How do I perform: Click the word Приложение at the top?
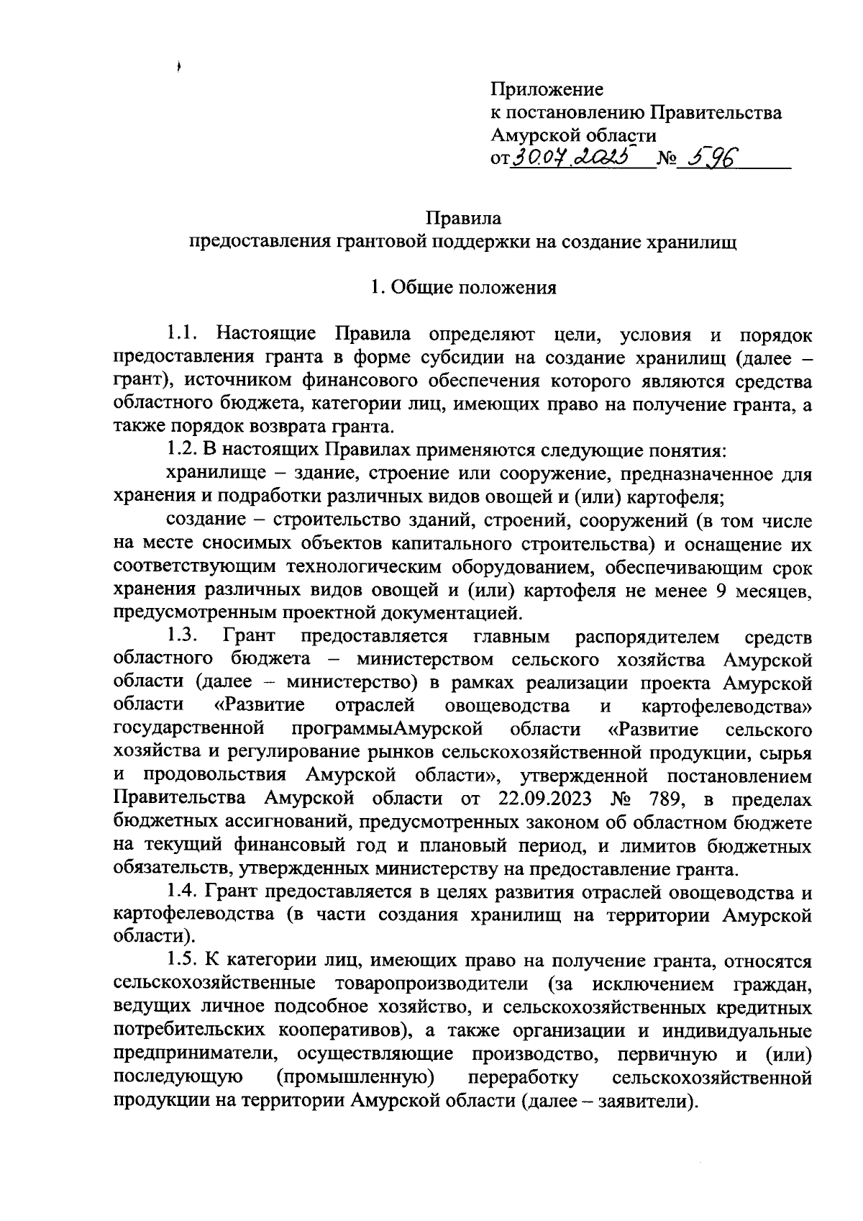pyautogui.click(x=547, y=90)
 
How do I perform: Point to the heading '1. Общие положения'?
pyautogui.click(x=463, y=288)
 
